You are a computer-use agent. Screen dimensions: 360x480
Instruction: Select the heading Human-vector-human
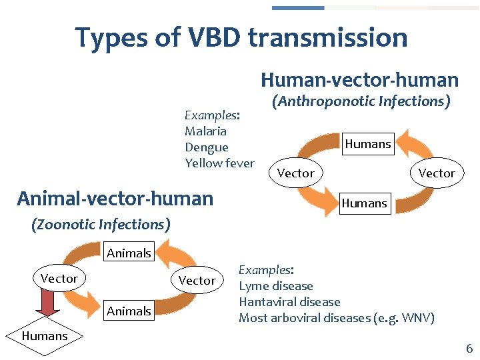(x=359, y=80)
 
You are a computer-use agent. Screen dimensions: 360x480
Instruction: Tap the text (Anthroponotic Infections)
(x=360, y=101)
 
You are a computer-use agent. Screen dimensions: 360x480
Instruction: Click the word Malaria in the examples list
(x=205, y=131)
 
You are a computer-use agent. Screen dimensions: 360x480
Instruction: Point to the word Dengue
(x=206, y=147)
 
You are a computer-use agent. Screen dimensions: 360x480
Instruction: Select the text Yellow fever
(x=219, y=163)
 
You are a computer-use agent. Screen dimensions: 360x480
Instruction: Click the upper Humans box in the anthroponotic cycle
(x=367, y=144)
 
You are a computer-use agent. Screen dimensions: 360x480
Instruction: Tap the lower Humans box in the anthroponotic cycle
(x=364, y=203)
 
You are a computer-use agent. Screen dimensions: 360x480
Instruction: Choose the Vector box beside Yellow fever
(x=295, y=173)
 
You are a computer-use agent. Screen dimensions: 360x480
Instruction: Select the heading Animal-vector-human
(x=115, y=198)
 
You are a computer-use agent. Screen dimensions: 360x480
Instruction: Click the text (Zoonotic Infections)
(x=101, y=225)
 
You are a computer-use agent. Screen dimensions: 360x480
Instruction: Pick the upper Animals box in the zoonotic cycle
(x=129, y=253)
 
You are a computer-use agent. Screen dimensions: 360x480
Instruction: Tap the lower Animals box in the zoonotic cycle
(x=129, y=311)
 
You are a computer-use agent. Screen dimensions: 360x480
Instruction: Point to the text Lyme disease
(x=275, y=286)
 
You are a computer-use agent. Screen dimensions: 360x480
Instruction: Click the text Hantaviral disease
(x=289, y=302)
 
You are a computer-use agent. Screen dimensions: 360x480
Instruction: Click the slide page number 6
(x=469, y=348)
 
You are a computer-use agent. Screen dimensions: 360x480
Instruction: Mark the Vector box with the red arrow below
(x=59, y=279)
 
